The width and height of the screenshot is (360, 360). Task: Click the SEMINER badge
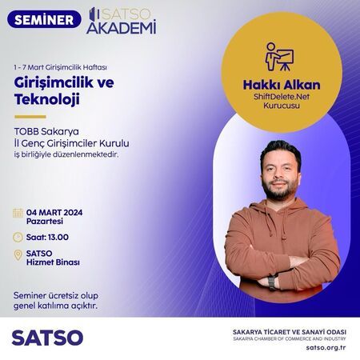[x=44, y=19]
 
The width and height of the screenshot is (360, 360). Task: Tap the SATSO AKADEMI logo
[x=122, y=21]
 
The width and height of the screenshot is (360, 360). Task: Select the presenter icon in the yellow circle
[x=280, y=57]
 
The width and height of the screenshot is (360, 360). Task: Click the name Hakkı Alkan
[x=282, y=85]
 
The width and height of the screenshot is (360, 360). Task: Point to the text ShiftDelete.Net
[x=282, y=96]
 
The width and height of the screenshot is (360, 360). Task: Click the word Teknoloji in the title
[x=47, y=99]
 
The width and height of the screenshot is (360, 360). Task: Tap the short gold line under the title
[x=30, y=117]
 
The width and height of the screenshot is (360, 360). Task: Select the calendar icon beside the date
[x=18, y=213]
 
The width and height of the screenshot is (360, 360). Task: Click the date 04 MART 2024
[x=54, y=213]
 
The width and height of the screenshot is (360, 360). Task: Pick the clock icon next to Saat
[x=18, y=237]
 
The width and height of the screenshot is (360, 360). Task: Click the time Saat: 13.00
[x=47, y=237]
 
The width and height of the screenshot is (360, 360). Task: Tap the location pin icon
[x=18, y=255]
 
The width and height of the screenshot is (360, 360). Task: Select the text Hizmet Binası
[x=53, y=262]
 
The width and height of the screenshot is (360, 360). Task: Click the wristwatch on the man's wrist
[x=271, y=282]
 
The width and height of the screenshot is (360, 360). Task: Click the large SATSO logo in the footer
[x=47, y=338]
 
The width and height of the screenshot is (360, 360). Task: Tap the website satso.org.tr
[x=326, y=348]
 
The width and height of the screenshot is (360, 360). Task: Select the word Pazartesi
[x=45, y=222]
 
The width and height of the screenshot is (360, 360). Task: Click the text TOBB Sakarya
[x=46, y=131]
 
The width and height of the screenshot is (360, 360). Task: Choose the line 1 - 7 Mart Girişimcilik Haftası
[x=61, y=67]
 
